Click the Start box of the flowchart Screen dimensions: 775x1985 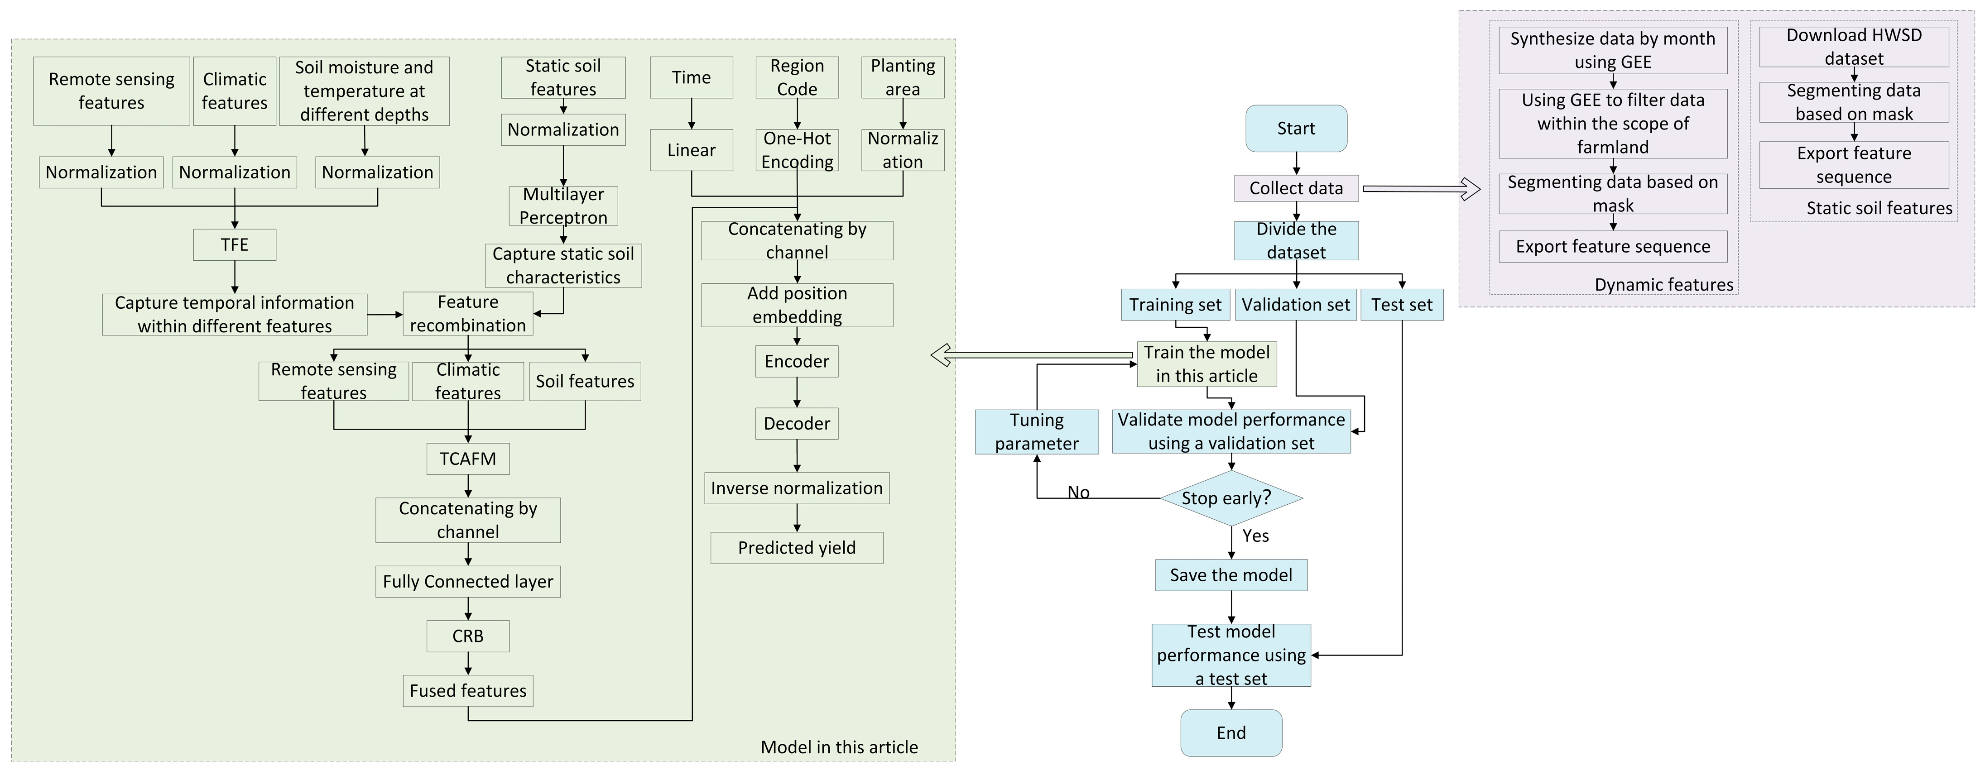(1296, 129)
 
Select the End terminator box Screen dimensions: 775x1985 (1230, 732)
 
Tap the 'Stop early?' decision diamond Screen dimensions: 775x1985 (1230, 498)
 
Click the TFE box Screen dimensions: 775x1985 (234, 245)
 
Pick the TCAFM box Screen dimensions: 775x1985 (468, 459)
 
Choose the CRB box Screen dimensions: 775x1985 (468, 636)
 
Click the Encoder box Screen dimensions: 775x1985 (796, 361)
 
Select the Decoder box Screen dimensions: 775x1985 (796, 424)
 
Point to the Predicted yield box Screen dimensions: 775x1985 (796, 548)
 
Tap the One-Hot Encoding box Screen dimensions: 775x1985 (797, 150)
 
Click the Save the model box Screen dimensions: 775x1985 (1230, 575)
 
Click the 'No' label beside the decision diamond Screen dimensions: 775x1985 (1078, 492)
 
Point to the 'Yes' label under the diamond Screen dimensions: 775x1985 (1255, 536)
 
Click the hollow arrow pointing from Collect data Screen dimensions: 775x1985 (1421, 189)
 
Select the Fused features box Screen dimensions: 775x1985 (468, 691)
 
